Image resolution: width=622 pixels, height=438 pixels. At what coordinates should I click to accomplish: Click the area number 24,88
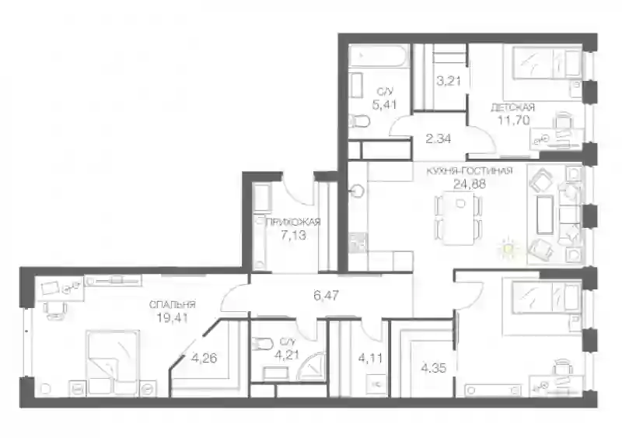point(470,183)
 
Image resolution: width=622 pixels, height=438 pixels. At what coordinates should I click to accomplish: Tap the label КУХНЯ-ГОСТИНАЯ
point(470,171)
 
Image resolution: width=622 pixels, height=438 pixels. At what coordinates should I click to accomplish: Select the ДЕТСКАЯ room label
point(512,107)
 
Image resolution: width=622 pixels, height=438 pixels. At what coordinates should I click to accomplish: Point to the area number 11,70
point(514,120)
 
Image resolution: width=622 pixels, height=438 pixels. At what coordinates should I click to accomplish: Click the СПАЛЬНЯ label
point(172,305)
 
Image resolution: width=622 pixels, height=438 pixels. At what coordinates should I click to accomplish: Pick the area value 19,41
point(172,317)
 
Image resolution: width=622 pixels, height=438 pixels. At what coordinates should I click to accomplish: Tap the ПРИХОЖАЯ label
point(293,222)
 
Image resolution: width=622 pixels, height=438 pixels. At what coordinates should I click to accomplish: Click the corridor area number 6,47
point(326,295)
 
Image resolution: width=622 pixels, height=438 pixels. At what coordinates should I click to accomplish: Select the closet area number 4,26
point(204,358)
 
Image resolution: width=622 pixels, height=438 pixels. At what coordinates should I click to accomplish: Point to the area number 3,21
point(449,81)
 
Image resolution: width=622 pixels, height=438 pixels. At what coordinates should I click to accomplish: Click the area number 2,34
point(438,139)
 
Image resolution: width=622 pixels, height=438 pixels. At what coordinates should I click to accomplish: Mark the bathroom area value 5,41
point(384,105)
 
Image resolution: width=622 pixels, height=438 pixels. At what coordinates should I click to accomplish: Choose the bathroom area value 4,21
point(286,354)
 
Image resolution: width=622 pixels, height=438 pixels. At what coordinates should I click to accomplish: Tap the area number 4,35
point(434,368)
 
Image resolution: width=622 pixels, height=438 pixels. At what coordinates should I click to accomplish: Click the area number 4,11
point(371,358)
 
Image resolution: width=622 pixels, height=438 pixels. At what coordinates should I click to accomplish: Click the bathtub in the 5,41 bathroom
point(379,56)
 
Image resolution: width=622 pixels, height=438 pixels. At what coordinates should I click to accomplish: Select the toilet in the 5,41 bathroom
point(359,121)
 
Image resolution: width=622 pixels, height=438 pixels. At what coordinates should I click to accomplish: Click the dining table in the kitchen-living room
point(459,218)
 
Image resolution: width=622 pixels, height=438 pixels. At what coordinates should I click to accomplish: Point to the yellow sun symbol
point(509,249)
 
